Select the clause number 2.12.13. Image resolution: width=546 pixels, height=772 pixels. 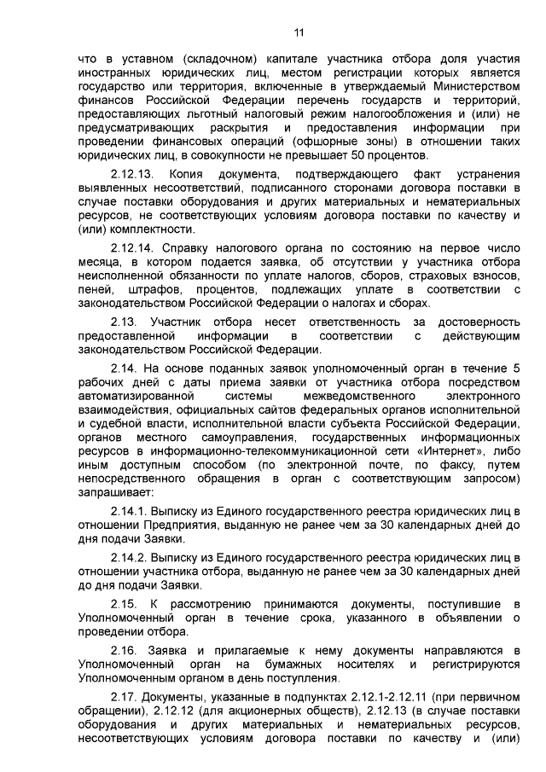[133, 174]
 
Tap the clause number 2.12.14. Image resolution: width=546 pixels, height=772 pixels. [133, 248]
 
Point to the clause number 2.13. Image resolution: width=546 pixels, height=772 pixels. [125, 322]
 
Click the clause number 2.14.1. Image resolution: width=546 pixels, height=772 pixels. [130, 511]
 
